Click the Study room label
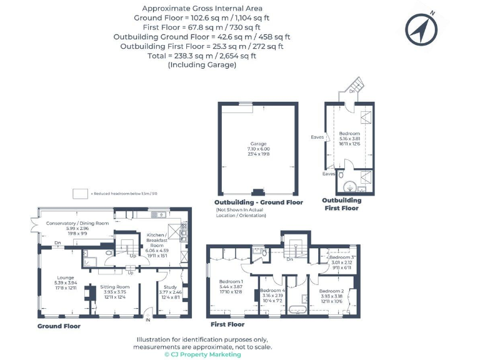click(x=171, y=287)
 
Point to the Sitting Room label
click(x=114, y=287)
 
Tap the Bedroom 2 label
click(x=331, y=291)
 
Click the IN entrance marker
click(x=149, y=320)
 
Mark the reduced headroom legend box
click(x=80, y=194)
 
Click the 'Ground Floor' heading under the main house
click(x=58, y=326)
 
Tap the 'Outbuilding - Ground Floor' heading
click(x=259, y=202)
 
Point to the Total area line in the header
click(x=202, y=55)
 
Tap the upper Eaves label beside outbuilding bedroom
click(x=317, y=136)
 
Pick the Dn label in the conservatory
click(x=57, y=242)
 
